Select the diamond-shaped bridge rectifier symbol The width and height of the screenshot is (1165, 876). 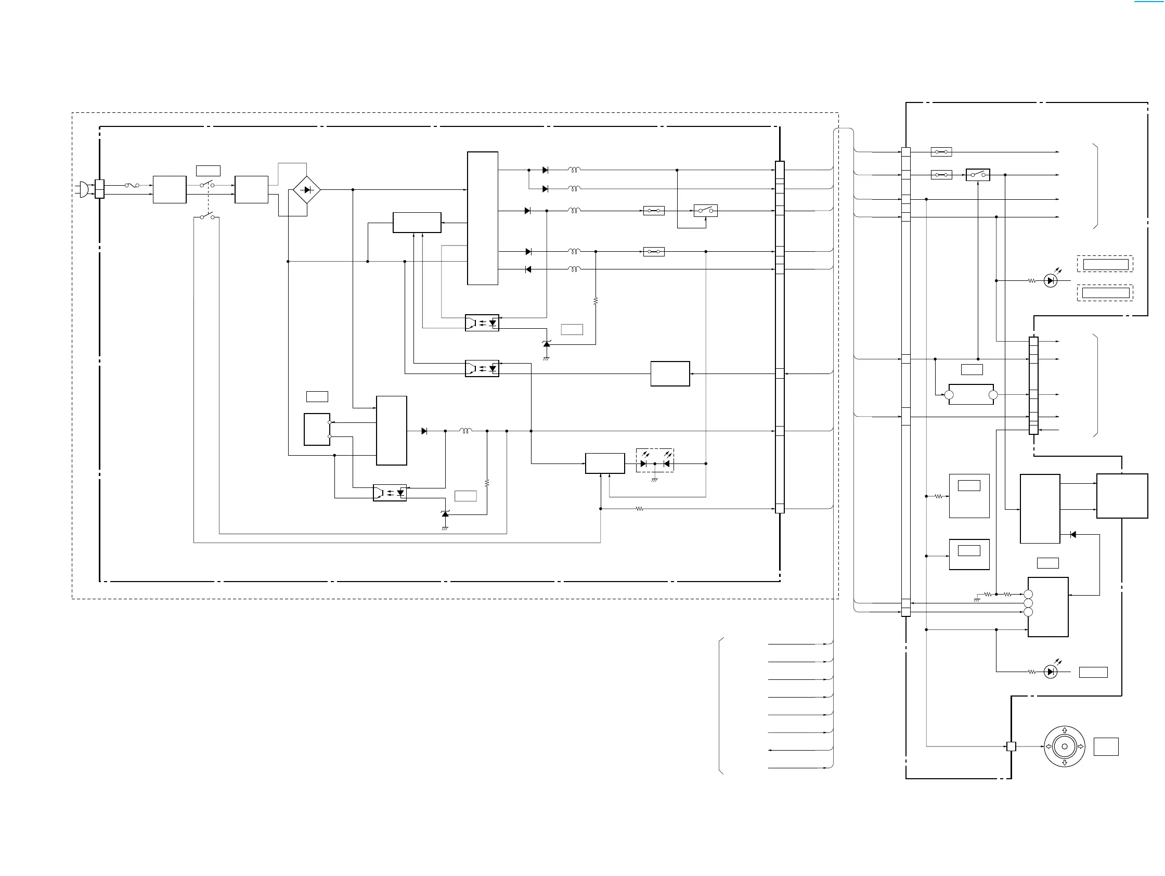pos(306,190)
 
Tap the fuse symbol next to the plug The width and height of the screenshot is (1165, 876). pos(132,185)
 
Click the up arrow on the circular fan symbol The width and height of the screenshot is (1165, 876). pos(1065,731)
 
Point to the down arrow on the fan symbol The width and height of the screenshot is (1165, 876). pos(1065,762)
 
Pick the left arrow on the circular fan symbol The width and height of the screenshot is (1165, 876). pos(1048,746)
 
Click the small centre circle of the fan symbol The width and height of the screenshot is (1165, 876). pos(1065,746)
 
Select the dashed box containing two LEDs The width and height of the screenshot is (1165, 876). pos(655,460)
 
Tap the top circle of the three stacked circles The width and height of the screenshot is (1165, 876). pos(1028,594)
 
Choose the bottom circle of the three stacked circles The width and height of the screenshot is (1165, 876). pos(1028,612)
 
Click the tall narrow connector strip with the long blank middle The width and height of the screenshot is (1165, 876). pos(906,382)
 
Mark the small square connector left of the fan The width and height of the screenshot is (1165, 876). pos(1011,746)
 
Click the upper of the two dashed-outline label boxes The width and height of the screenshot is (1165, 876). pos(1105,264)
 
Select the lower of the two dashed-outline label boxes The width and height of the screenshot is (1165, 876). pos(1105,293)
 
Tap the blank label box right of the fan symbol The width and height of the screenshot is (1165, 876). pos(1106,746)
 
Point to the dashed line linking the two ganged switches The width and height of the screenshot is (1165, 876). pos(209,201)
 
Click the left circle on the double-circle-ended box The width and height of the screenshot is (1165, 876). pos(949,394)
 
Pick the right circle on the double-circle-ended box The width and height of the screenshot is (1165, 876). pos(993,394)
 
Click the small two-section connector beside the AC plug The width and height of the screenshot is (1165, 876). pos(99,189)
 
